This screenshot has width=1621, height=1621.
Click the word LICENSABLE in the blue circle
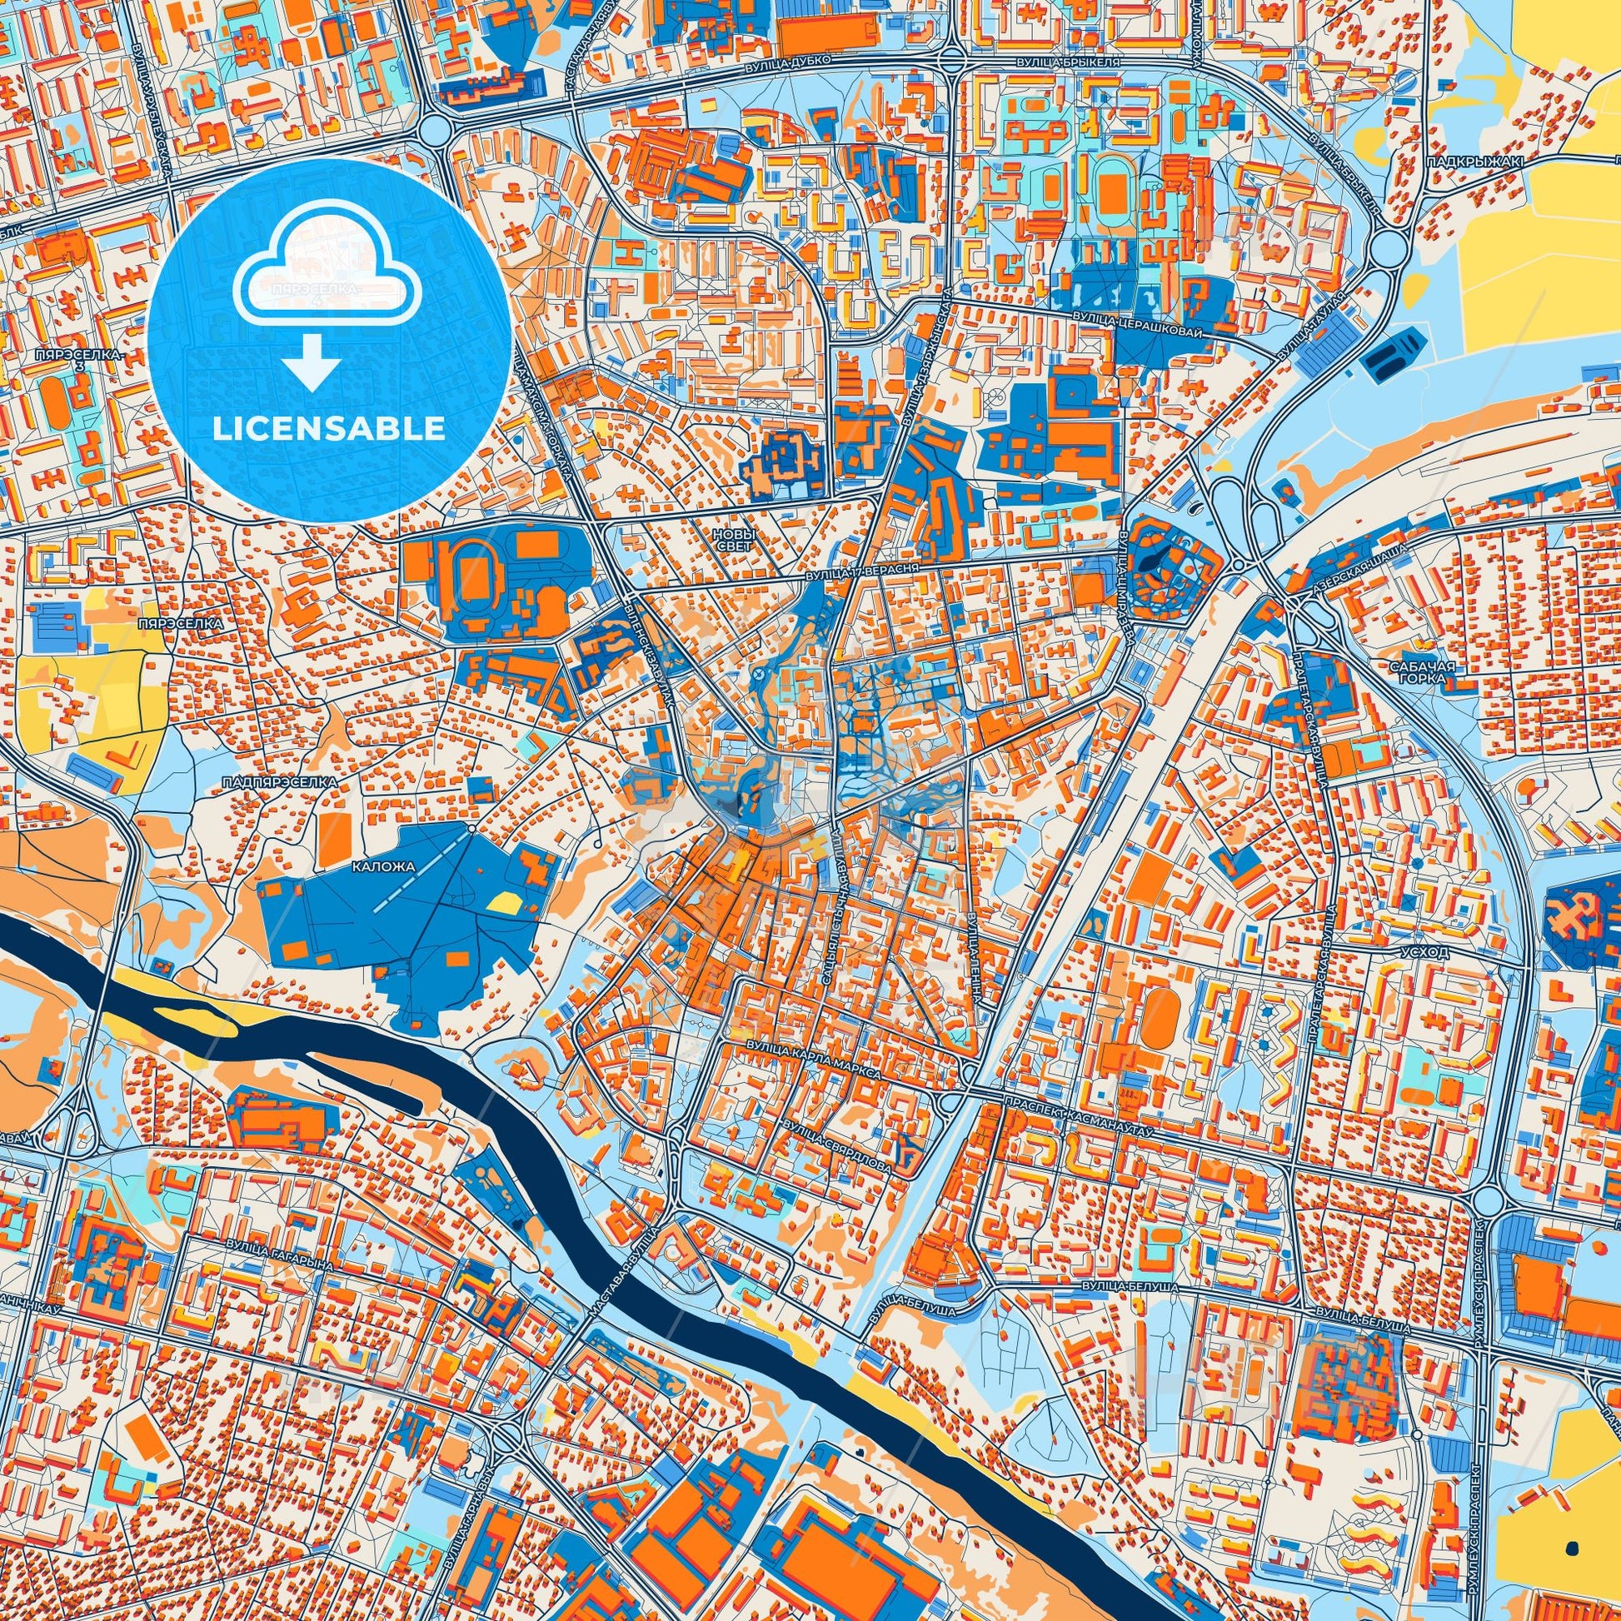[x=329, y=428]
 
